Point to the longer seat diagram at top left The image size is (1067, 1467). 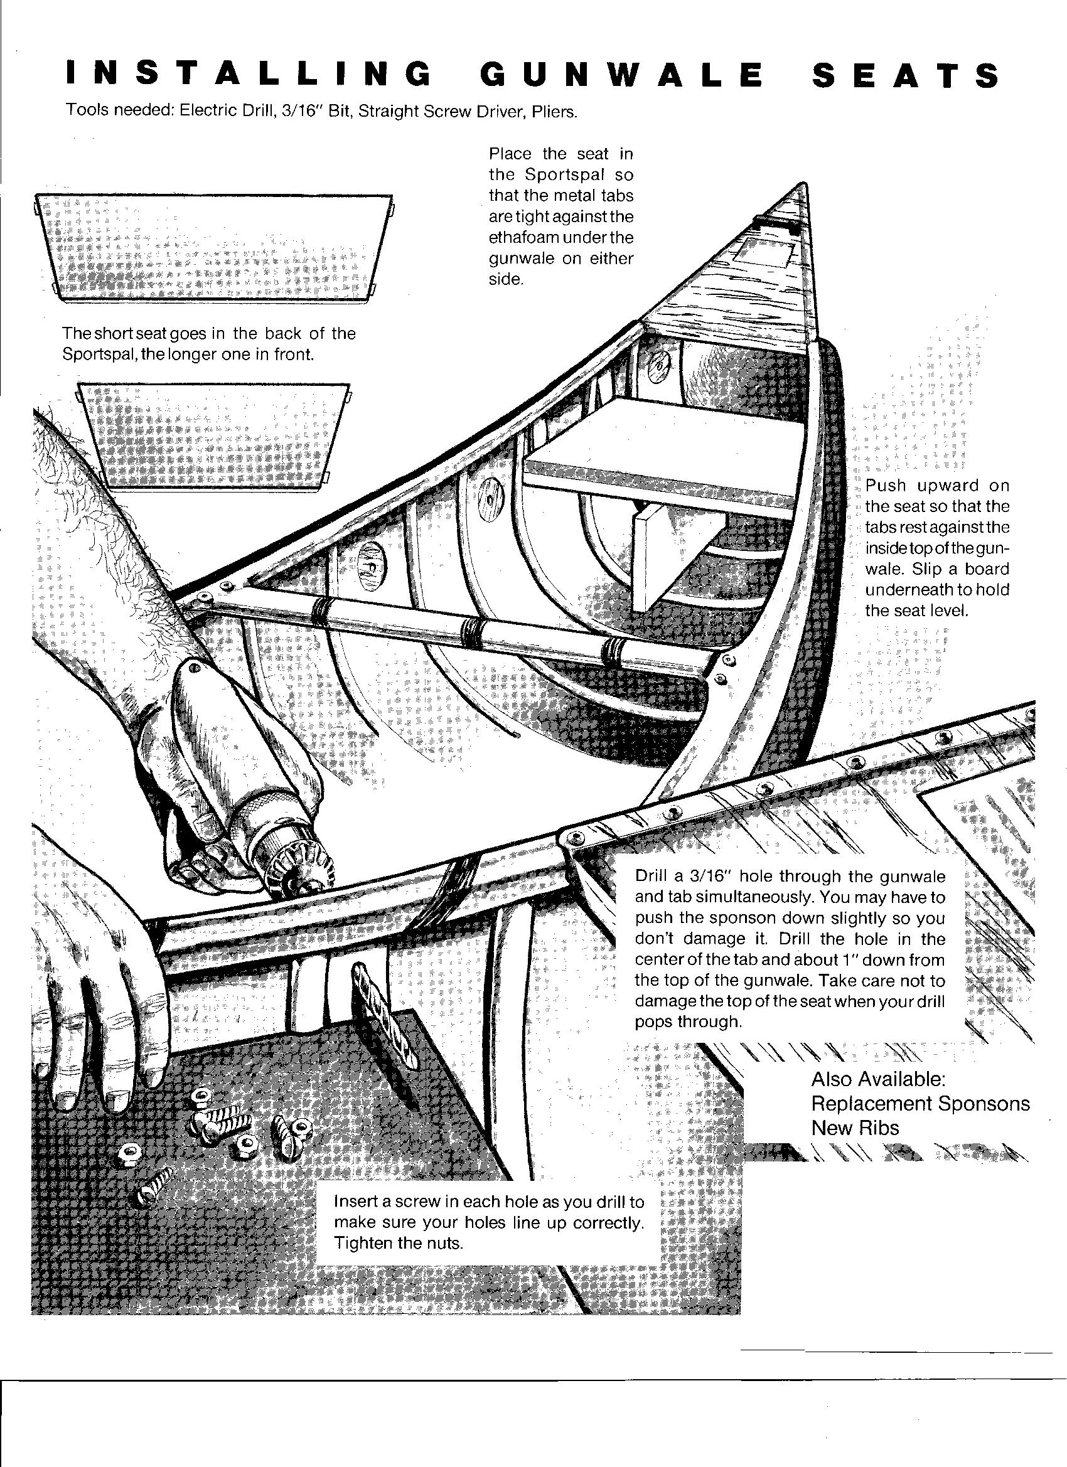213,248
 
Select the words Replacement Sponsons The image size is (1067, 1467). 920,1103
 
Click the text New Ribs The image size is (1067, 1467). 855,1128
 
